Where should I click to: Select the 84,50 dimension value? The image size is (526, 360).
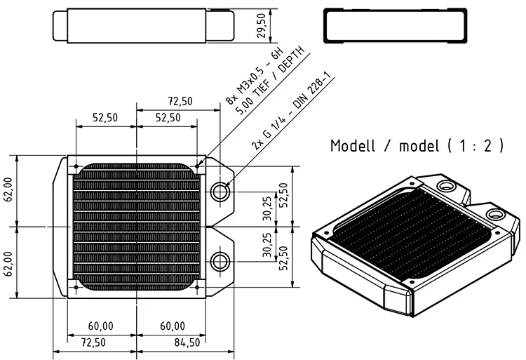pos(187,342)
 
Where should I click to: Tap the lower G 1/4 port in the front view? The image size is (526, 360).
pos(220,261)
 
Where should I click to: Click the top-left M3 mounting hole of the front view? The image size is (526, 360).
pos(76,166)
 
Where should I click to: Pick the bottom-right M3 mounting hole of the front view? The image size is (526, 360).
pos(197,287)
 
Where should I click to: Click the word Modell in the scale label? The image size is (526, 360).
pos(352,146)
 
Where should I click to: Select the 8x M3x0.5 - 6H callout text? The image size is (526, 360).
pos(255,76)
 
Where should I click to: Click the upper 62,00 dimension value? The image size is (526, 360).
pos(8,189)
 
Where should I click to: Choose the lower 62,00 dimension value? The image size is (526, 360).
pos(8,264)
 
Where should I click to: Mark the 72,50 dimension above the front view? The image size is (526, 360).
pos(180,101)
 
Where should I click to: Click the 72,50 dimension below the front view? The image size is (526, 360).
pos(93,342)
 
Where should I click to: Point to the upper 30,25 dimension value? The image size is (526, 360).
pos(267,208)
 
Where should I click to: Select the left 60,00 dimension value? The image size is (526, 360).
pos(100,326)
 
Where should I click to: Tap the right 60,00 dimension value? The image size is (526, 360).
pos(173,326)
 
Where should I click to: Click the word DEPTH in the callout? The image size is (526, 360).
pos(291,60)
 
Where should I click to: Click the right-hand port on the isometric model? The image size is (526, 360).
pos(495,214)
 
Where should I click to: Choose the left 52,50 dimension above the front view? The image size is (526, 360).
pos(105,118)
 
